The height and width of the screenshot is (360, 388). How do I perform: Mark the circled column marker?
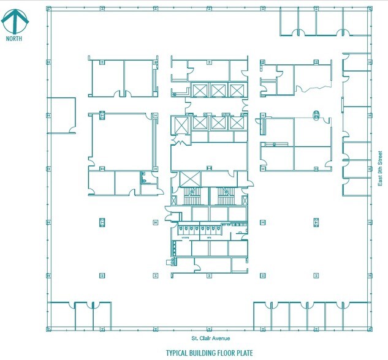pos(317,114)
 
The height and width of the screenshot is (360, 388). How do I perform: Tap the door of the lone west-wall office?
pos(72,129)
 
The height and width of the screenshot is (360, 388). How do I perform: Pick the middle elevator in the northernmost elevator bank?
pos(219,91)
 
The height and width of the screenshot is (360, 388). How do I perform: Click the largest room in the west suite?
pos(121,141)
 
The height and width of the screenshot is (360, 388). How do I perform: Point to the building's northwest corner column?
pos(48,10)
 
